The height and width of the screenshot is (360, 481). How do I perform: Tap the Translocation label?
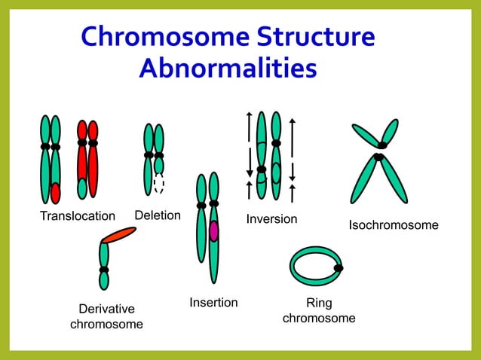78,217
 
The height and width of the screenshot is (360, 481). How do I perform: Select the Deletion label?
158,215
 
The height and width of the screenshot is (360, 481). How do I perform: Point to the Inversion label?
271,219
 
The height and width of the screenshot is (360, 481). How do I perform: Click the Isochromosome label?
393,225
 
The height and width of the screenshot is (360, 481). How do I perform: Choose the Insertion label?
213,303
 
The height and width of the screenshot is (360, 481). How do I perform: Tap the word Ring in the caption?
319,304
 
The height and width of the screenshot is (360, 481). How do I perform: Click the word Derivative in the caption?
106,309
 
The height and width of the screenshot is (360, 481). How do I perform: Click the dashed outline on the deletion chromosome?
158,184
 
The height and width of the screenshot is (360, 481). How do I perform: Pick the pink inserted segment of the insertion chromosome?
213,231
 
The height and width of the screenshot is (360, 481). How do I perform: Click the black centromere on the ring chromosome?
339,267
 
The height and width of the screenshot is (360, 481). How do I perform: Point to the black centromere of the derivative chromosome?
104,269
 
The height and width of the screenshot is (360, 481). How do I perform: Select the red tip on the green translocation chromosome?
55,193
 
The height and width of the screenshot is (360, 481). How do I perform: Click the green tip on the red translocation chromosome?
82,188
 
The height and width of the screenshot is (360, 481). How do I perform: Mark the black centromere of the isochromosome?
381,151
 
